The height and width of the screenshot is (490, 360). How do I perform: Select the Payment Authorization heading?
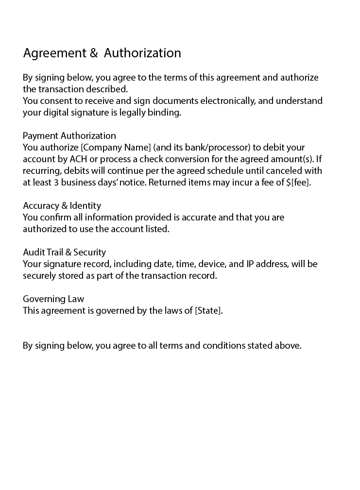coord(69,135)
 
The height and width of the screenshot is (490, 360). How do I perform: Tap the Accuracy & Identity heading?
coord(62,205)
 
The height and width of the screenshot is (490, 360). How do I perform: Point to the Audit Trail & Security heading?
coord(64,252)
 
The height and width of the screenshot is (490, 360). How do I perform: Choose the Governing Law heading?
coord(53,299)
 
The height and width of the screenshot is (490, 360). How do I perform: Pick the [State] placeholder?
coord(208,310)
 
